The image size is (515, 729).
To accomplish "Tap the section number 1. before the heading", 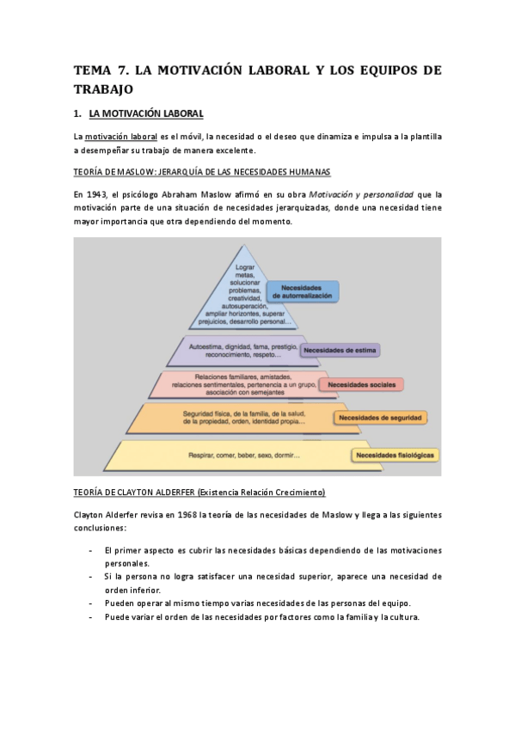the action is click(x=77, y=113).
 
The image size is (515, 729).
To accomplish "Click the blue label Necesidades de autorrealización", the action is click(x=303, y=291).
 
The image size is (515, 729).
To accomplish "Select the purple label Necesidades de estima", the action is click(x=340, y=350).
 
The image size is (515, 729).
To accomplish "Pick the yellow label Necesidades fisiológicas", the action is click(x=395, y=454).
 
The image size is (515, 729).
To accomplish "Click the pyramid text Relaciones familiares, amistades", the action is click(x=243, y=377).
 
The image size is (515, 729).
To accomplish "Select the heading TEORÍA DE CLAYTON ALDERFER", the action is click(x=199, y=493).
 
